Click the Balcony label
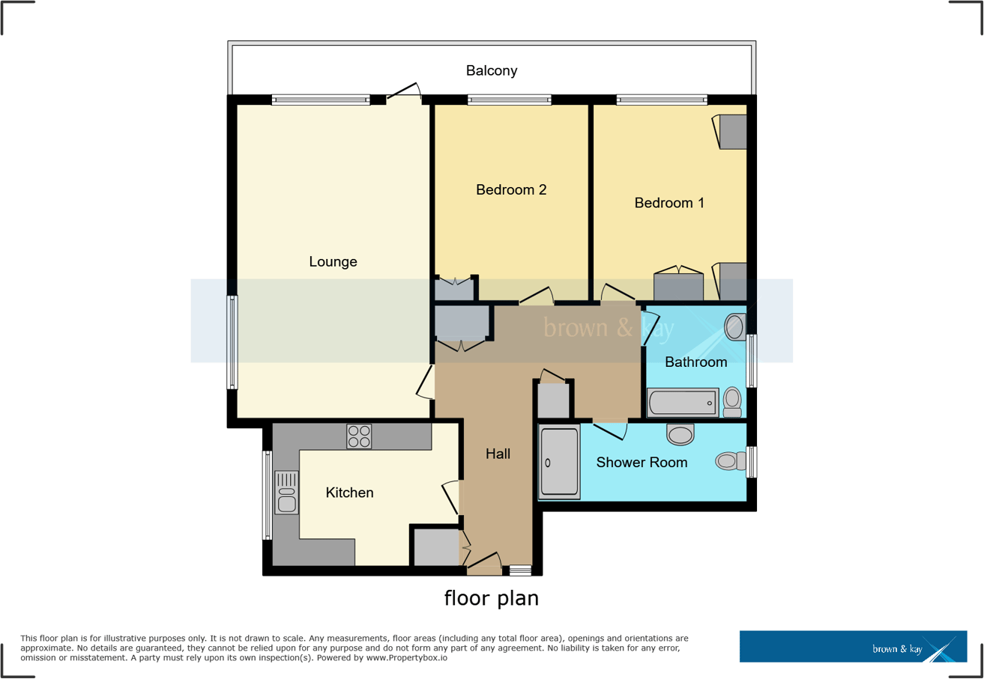[492, 71]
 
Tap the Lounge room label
[333, 262]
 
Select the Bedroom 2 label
[511, 190]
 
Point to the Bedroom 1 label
[669, 203]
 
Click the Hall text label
[498, 454]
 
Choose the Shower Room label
[642, 463]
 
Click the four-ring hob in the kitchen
[359, 436]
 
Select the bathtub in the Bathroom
[683, 403]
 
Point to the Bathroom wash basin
[735, 326]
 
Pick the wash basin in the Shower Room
[680, 433]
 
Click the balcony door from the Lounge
[405, 93]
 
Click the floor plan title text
[492, 598]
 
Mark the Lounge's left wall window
[233, 342]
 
